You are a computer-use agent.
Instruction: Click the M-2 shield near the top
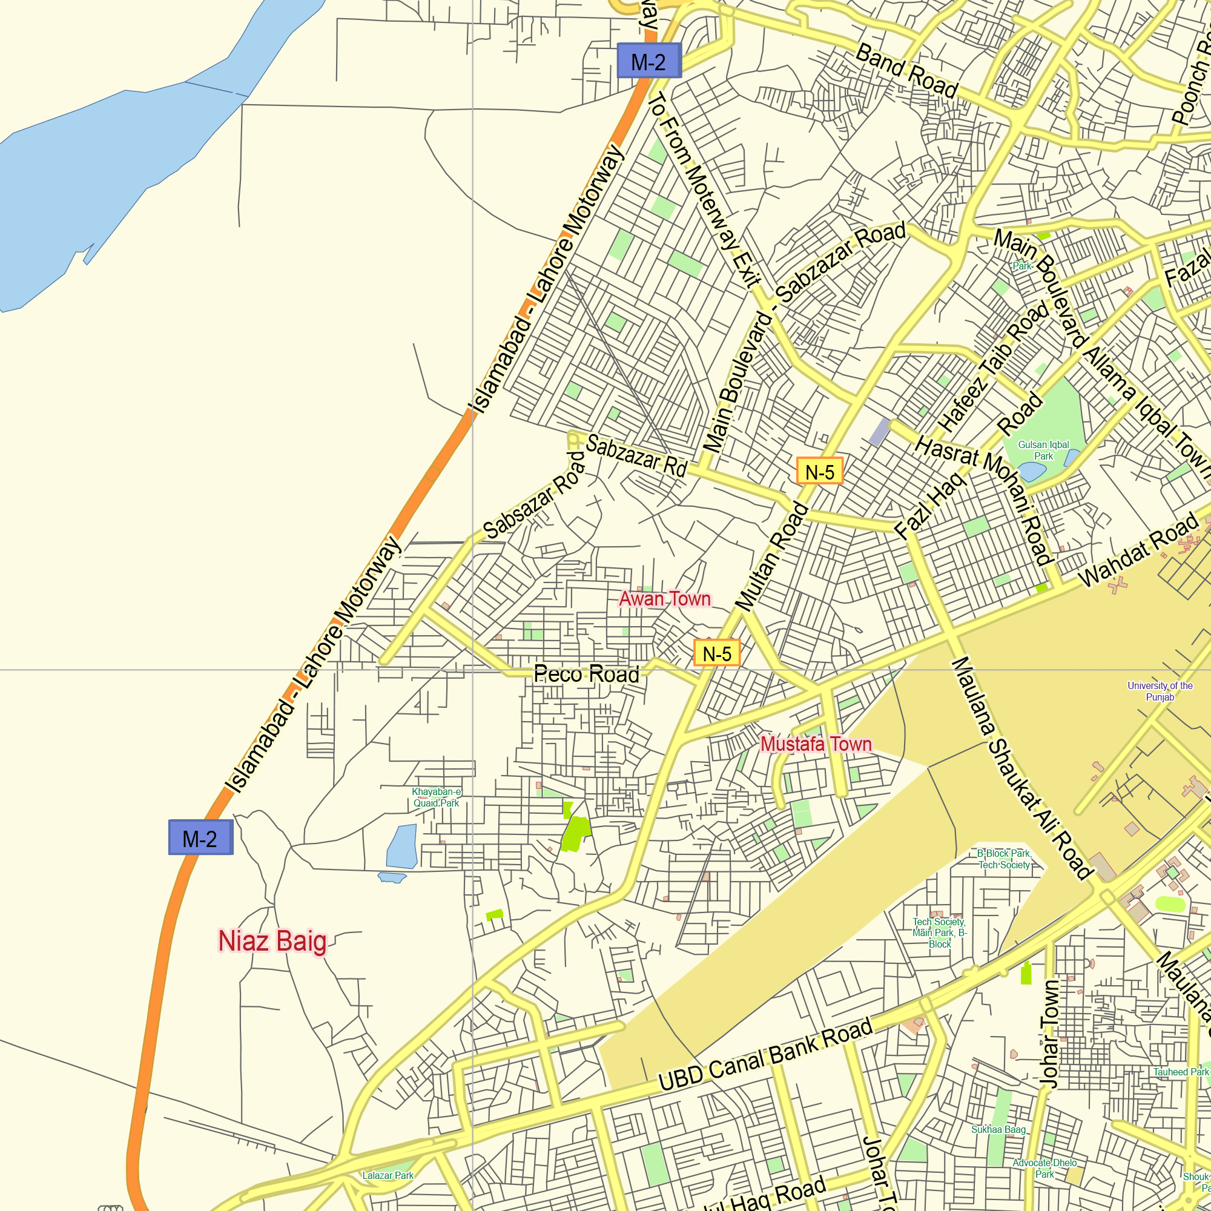(x=648, y=61)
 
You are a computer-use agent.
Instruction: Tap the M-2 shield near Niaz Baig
(x=200, y=837)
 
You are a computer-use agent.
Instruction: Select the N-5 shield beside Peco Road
(x=716, y=653)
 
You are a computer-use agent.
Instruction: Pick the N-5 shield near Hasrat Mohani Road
(x=819, y=471)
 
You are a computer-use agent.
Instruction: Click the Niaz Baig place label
(x=272, y=942)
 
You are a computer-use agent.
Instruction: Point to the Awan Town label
(x=665, y=599)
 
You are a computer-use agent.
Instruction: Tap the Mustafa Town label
(x=816, y=744)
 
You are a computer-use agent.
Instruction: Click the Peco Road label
(x=586, y=675)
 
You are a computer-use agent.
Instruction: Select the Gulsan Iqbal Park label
(x=1044, y=450)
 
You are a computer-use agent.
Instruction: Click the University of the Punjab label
(x=1160, y=691)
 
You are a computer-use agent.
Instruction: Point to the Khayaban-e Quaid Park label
(x=436, y=797)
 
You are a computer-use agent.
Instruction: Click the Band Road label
(x=907, y=71)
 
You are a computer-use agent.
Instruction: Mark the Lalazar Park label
(x=388, y=1175)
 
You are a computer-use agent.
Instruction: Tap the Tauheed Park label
(x=1181, y=1072)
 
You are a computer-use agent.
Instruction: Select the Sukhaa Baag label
(x=998, y=1129)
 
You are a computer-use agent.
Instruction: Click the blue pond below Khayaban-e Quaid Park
(x=403, y=846)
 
